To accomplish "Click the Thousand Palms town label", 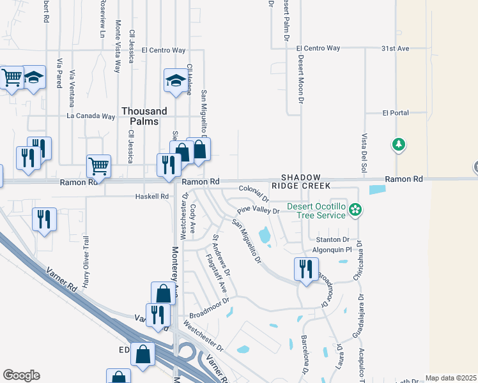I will pyautogui.click(x=144, y=116).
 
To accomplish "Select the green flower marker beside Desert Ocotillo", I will pyautogui.click(x=357, y=209).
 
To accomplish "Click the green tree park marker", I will pyautogui.click(x=399, y=145).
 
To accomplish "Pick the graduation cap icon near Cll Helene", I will pyautogui.click(x=174, y=81).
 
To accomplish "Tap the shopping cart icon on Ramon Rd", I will pyautogui.click(x=98, y=167).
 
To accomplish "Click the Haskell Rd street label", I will pyautogui.click(x=151, y=197).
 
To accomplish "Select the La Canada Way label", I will pyautogui.click(x=91, y=116).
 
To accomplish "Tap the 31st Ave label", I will pyautogui.click(x=395, y=48).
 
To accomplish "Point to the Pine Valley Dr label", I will pyautogui.click(x=258, y=210).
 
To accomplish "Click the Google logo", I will pyautogui.click(x=21, y=375).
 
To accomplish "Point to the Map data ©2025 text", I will pyautogui.click(x=451, y=378).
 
